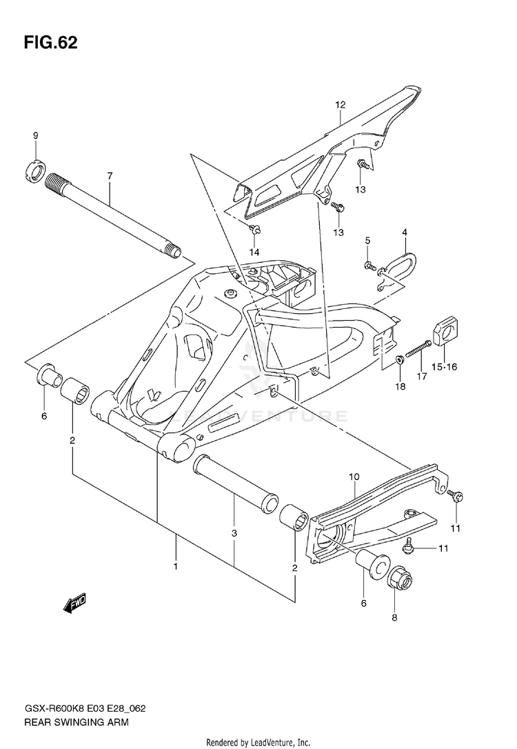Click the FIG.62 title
51,43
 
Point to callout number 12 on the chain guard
340,105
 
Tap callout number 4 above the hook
405,232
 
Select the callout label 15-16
445,367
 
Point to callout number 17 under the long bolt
422,377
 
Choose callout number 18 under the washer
400,388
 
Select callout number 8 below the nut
395,619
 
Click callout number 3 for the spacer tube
234,535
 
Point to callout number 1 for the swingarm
176,566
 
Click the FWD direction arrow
72,605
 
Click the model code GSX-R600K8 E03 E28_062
84,710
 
